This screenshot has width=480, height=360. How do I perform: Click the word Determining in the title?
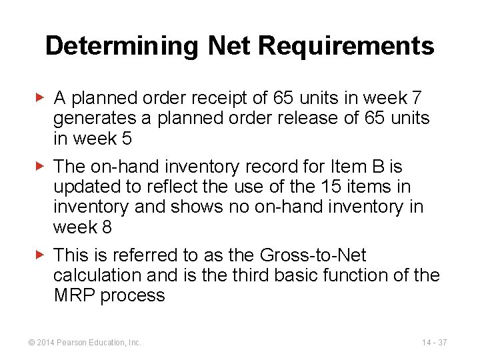pos(122,46)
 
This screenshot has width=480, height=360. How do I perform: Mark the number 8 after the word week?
pos(106,227)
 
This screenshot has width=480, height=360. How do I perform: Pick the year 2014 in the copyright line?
pos(46,342)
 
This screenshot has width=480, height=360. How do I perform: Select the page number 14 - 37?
pos(434,342)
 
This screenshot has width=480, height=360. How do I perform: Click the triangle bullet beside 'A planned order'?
pos(40,97)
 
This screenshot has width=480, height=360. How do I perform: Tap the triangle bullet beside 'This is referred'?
pos(40,254)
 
